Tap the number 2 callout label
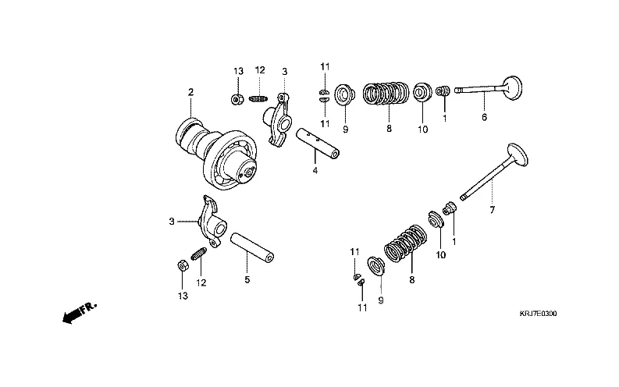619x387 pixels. tap(190, 93)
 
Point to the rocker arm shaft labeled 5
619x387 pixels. tap(254, 247)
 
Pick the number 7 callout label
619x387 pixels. tap(492, 211)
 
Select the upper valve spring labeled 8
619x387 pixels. tap(388, 94)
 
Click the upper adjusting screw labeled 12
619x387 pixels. tap(261, 98)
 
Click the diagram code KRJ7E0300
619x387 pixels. tap(539, 314)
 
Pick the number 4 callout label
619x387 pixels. tap(315, 170)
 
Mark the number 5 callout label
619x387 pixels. tap(247, 279)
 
